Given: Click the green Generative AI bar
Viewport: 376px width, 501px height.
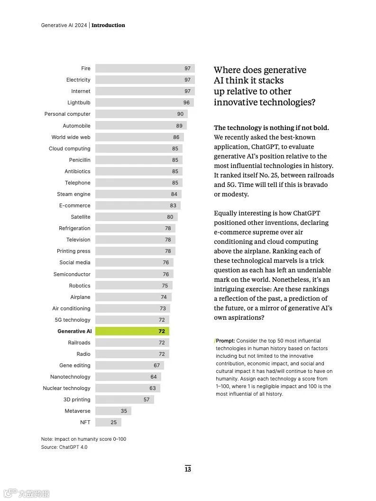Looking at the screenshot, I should (x=132, y=331).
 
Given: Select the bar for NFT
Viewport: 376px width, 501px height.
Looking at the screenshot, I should (x=108, y=422).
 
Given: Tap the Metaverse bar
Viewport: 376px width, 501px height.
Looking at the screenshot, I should (x=113, y=411).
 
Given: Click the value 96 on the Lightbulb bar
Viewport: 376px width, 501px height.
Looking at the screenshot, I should (x=186, y=102).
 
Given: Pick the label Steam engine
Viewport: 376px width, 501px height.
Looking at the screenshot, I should (x=73, y=194).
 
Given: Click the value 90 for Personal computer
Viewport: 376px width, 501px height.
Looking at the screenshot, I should (x=180, y=114).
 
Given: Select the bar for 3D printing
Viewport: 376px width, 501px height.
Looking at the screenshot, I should (x=124, y=399).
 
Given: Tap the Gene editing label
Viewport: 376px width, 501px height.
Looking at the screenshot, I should (x=74, y=365).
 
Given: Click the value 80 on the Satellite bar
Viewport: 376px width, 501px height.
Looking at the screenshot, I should (x=170, y=217).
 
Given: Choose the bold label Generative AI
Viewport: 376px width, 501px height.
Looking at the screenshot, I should (x=74, y=331).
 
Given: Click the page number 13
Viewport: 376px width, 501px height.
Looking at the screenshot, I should (x=188, y=469).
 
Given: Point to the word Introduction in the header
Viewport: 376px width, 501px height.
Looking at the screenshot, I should (x=108, y=25).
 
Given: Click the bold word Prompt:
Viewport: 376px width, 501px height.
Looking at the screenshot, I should (x=225, y=341).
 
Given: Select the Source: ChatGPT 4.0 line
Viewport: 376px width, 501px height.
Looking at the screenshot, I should (x=64, y=447).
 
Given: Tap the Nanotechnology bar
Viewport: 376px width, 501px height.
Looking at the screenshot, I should (x=128, y=377).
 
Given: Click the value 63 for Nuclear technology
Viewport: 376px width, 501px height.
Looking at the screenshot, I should (x=152, y=388).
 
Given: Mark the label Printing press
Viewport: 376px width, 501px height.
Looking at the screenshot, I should (x=73, y=251).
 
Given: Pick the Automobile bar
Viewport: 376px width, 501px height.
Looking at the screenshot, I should (x=141, y=126).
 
